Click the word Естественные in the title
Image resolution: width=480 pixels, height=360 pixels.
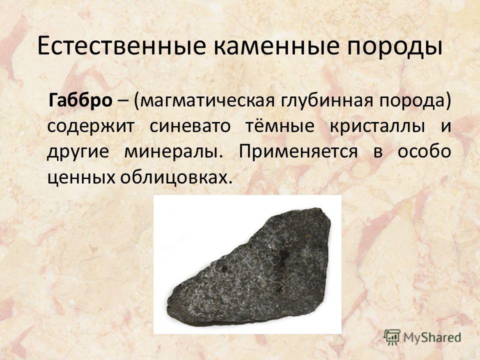click(121, 46)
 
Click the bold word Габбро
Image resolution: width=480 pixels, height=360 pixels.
click(80, 100)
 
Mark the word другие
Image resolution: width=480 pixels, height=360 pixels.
click(78, 152)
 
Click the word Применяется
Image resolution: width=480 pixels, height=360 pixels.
click(298, 152)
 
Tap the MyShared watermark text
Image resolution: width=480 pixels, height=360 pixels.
click(432, 337)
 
